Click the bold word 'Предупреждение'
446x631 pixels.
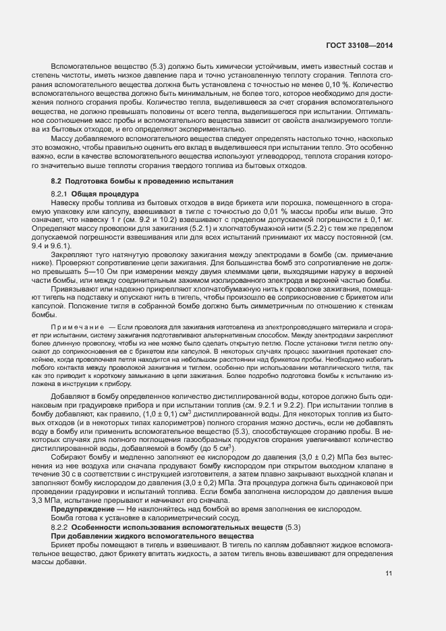[x=84, y=509]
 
